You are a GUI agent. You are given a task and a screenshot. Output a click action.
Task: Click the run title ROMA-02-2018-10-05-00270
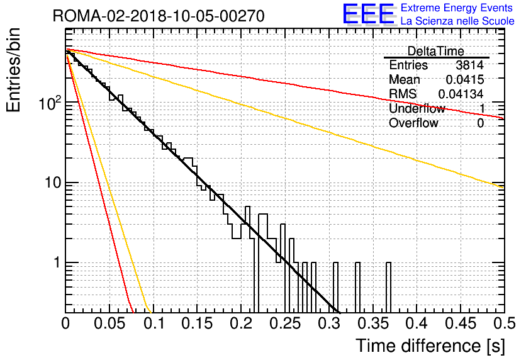point(159,16)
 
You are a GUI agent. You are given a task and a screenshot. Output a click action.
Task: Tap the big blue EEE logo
point(368,14)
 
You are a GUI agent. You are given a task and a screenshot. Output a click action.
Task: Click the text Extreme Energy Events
point(457,8)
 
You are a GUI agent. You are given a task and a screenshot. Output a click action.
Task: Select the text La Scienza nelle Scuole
point(457,21)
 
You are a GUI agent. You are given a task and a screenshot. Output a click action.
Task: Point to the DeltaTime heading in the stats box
point(436,51)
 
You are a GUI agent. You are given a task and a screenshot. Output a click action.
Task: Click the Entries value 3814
point(469,65)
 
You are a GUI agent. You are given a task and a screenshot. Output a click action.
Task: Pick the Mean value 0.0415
point(465,79)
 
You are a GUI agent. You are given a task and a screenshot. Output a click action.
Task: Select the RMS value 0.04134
point(461,94)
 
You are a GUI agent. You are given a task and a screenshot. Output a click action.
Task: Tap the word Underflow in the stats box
point(417,108)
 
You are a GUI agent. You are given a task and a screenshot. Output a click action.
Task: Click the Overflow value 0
point(480,123)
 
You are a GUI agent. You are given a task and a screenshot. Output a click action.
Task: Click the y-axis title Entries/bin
point(13,70)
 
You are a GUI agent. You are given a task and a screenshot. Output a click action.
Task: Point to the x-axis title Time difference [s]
point(430,346)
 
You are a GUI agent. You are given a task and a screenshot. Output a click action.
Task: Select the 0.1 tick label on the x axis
point(154,323)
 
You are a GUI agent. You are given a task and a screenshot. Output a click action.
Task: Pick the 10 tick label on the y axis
point(53,183)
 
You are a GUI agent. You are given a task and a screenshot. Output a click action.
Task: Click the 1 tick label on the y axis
point(57,262)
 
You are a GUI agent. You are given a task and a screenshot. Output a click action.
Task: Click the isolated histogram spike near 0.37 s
point(388,287)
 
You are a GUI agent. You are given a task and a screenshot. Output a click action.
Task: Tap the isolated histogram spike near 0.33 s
point(357,287)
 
